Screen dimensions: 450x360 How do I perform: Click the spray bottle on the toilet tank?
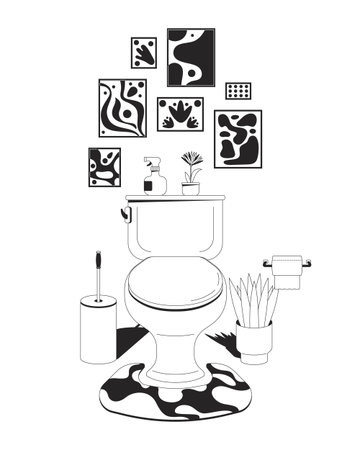154,181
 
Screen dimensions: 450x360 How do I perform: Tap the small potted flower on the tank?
190,173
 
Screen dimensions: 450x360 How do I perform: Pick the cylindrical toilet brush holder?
98,328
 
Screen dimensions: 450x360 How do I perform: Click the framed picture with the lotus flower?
182,114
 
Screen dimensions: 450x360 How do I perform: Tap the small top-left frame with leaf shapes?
143,54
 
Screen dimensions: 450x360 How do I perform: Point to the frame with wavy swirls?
122,107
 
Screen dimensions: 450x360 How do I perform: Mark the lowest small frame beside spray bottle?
104,167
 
